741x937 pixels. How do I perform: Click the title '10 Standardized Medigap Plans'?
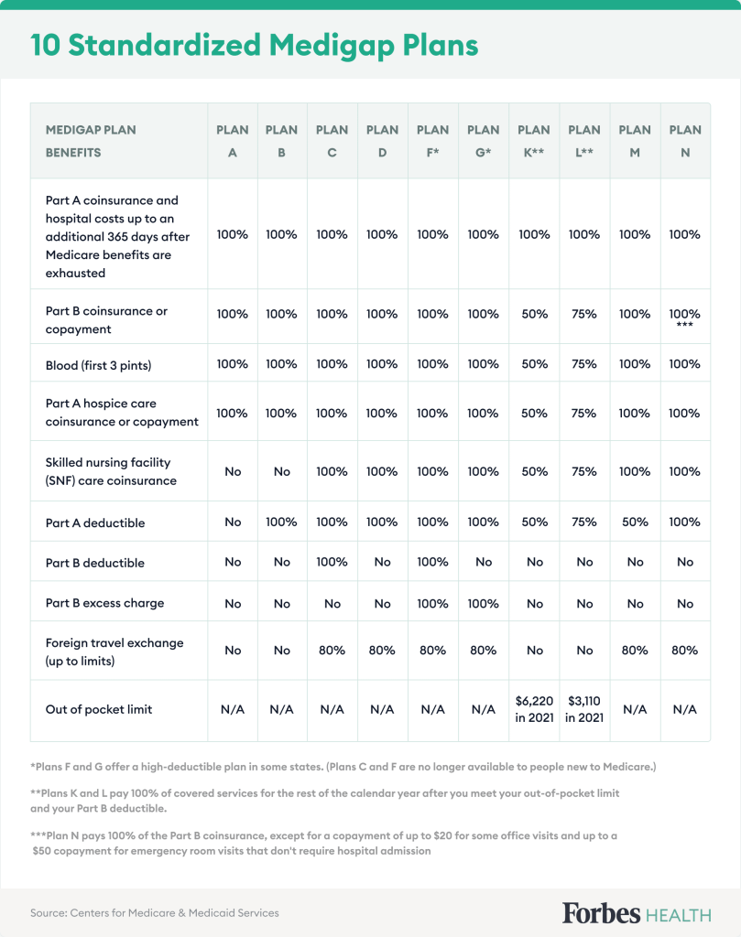255,45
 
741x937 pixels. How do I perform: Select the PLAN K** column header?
534,141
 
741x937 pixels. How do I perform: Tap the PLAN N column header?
685,141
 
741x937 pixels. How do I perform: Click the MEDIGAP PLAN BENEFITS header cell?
91,141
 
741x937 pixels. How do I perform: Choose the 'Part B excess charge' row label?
104,604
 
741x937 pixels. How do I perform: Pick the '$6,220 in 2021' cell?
534,709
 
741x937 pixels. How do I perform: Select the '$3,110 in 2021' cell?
584,709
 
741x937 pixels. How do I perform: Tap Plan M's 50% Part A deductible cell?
635,522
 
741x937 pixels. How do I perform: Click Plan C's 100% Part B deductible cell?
332,562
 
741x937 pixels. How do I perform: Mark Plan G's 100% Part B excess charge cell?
483,604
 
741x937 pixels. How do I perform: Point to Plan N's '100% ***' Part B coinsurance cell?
685,318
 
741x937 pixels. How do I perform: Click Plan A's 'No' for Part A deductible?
233,522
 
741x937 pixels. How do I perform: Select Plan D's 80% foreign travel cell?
382,650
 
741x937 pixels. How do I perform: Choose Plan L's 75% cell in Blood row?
584,364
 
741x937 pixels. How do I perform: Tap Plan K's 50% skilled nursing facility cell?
534,472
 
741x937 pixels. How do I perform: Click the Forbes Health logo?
636,912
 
